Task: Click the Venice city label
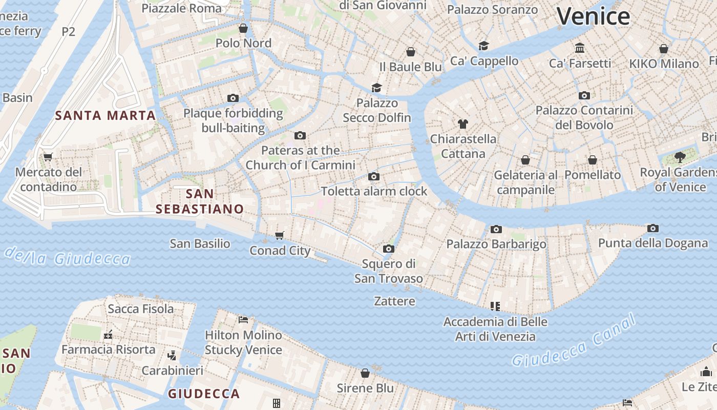tap(593, 16)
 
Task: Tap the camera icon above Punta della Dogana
tap(652, 228)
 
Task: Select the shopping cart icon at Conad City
tap(279, 235)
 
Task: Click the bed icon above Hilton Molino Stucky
tap(243, 320)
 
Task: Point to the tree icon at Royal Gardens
tap(680, 157)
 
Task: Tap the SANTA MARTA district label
tap(105, 115)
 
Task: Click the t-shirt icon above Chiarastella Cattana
tap(463, 124)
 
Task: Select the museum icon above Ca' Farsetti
tap(580, 48)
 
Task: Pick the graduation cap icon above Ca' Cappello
tap(484, 46)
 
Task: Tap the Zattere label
tap(394, 301)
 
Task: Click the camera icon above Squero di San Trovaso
tap(389, 249)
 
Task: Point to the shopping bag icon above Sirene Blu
tap(365, 373)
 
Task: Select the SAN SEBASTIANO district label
tap(200, 201)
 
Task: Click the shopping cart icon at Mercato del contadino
tap(48, 157)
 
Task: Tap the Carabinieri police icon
tap(172, 355)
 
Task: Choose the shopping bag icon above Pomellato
tap(593, 160)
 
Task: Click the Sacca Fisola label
tap(140, 309)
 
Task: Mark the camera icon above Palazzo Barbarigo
tap(496, 229)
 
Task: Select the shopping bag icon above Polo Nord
tap(243, 28)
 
